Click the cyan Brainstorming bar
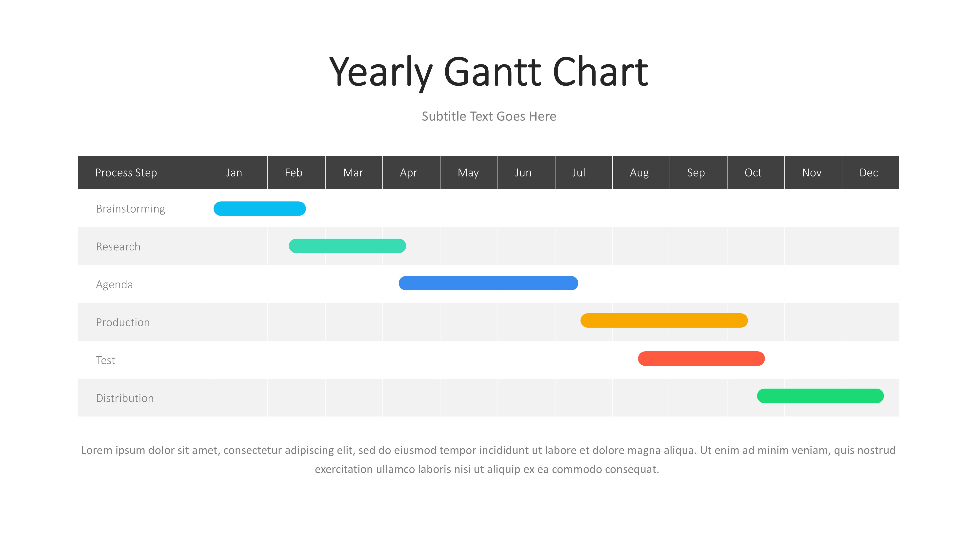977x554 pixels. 259,209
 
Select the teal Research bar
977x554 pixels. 347,246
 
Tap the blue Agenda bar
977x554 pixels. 488,283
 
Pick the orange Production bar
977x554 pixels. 664,320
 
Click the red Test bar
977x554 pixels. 701,358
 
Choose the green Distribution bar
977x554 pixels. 820,396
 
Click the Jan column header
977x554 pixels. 234,173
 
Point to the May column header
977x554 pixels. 468,173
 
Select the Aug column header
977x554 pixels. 639,173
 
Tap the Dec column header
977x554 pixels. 869,173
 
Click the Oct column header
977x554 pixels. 753,173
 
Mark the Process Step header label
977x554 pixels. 126,173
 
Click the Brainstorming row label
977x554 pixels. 131,209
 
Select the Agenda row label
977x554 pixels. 115,285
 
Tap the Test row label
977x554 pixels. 105,360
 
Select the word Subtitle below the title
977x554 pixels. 444,117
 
